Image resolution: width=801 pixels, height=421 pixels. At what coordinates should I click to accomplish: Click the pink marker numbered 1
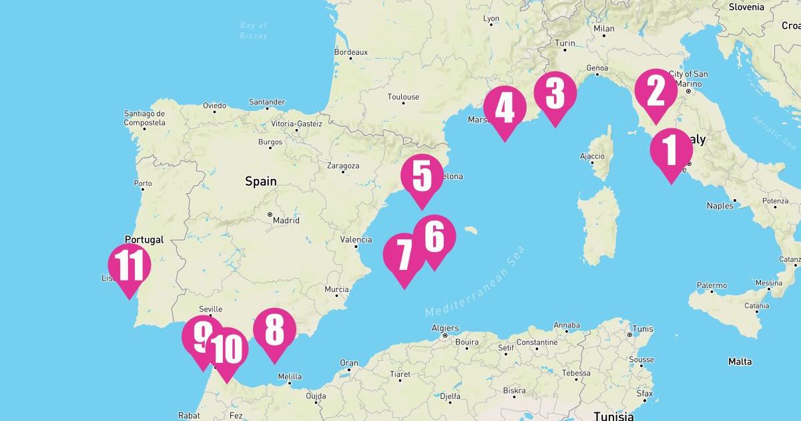tap(671, 150)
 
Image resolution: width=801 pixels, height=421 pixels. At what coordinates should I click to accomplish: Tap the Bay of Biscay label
tap(254, 30)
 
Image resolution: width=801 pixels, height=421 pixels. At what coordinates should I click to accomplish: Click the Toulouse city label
tap(403, 97)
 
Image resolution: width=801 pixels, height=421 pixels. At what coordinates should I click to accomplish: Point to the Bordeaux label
tap(350, 51)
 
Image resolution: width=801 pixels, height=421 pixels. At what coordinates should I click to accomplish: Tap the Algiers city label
tap(445, 328)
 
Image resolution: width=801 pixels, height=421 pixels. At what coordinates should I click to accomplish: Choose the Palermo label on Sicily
tap(712, 285)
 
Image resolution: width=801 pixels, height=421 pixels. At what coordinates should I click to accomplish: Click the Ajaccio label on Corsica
tap(592, 156)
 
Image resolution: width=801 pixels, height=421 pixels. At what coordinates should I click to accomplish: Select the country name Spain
tap(260, 181)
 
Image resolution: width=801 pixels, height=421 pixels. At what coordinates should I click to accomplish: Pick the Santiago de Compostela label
tap(144, 118)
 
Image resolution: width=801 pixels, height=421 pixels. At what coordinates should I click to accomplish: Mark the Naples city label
tap(720, 206)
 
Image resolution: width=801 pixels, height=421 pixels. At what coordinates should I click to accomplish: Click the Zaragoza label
tap(344, 166)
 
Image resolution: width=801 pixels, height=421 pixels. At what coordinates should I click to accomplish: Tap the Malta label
tap(740, 362)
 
